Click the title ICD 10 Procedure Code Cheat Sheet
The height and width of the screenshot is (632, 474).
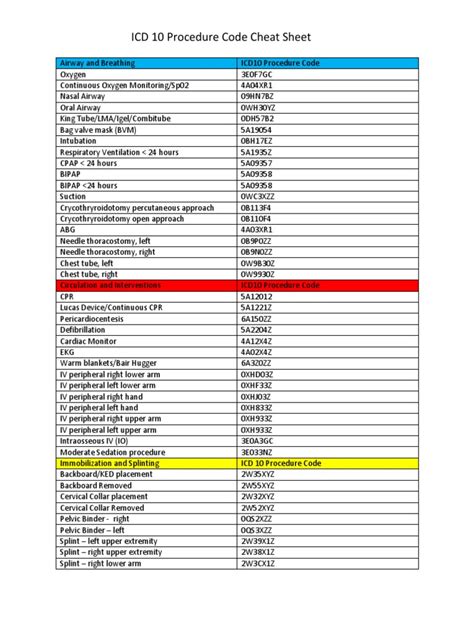tap(236, 30)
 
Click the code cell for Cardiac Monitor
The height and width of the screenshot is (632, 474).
tap(256, 340)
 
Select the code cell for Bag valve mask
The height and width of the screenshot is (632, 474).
tap(256, 129)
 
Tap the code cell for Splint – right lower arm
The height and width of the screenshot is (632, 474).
tap(257, 563)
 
